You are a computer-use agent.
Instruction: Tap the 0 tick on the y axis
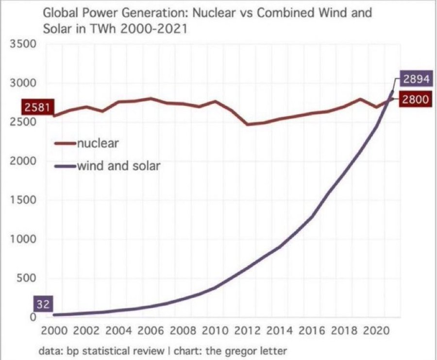pos(34,317)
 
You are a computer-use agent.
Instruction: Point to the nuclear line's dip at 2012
pos(248,124)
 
